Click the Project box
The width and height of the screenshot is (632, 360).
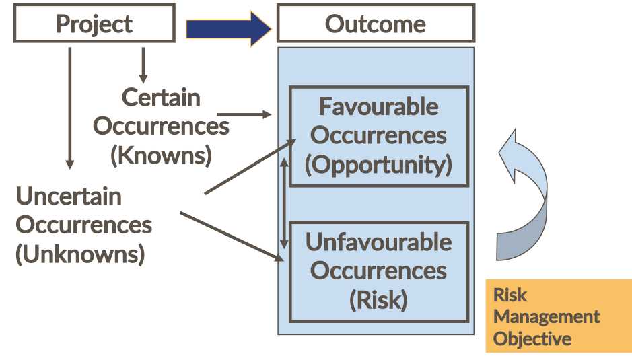[x=94, y=24]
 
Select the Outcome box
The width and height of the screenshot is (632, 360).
[x=376, y=24]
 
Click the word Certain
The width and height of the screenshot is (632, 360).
[x=161, y=98]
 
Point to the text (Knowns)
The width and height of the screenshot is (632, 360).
[x=161, y=155]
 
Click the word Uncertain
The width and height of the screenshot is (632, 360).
[x=69, y=196]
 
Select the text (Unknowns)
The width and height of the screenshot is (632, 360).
[x=80, y=254]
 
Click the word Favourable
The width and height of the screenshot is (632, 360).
[x=378, y=107]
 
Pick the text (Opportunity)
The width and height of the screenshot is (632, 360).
[x=378, y=165]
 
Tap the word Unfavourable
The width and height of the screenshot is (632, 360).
[x=378, y=242]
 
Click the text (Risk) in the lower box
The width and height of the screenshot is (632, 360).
[x=378, y=299]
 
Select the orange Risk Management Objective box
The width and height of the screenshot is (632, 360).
[x=558, y=316]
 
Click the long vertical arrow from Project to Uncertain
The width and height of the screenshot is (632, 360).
[x=69, y=108]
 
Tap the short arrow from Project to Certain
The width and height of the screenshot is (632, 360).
[x=143, y=65]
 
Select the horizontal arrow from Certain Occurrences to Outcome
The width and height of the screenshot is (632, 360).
[x=244, y=115]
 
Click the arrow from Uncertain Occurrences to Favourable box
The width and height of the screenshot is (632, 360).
[x=249, y=168]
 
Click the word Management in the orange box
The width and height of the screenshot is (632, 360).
[x=546, y=316]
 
